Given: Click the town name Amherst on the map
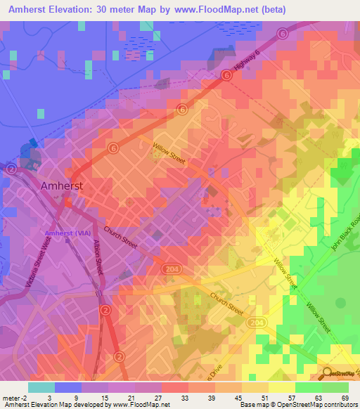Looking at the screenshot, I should [x=62, y=186].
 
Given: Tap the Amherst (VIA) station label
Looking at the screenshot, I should [x=71, y=233].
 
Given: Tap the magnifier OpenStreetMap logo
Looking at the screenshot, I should [x=327, y=374].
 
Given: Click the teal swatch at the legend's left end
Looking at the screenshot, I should [x=41, y=387].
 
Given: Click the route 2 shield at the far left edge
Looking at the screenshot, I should [x=11, y=169].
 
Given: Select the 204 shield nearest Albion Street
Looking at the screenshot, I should [x=168, y=268].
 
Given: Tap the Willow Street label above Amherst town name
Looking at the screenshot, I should [x=169, y=155].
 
